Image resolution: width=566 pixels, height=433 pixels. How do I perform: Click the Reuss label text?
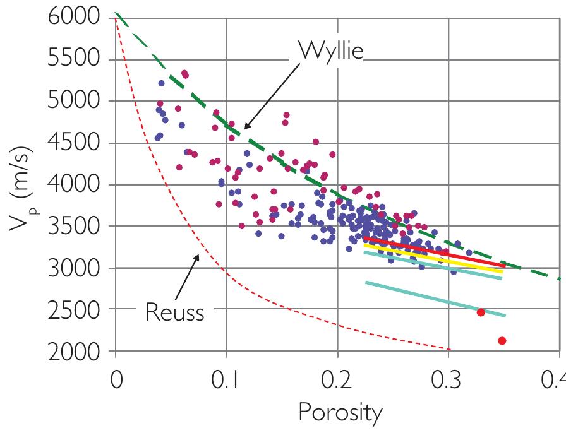[174, 311]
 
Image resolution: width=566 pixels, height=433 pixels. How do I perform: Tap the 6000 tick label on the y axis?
[74, 18]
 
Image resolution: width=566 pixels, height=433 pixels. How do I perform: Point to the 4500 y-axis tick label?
[74, 143]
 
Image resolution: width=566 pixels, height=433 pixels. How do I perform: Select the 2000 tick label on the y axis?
[74, 351]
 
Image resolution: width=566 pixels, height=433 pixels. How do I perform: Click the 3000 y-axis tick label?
[74, 268]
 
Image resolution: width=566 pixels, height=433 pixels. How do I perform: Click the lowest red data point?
[502, 341]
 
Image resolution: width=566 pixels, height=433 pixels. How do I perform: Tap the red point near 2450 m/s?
[481, 312]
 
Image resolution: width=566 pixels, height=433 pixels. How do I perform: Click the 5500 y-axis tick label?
[74, 59]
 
